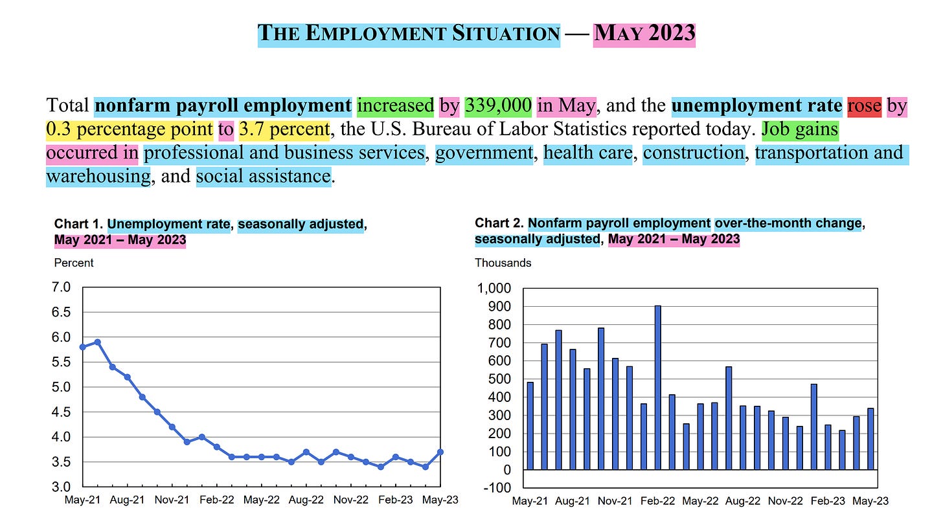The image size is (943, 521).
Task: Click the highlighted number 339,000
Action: pyautogui.click(x=498, y=105)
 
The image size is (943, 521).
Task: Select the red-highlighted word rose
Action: pyautogui.click(x=864, y=105)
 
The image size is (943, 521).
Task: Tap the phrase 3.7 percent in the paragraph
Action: pyautogui.click(x=284, y=129)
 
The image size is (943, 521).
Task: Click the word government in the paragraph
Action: pyautogui.click(x=484, y=153)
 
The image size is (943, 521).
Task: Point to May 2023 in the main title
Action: pyautogui.click(x=644, y=32)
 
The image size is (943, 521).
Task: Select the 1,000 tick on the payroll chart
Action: pyautogui.click(x=494, y=288)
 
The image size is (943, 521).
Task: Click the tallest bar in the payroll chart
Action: pyautogui.click(x=658, y=387)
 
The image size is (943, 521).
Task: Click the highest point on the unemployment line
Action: pyautogui.click(x=97, y=342)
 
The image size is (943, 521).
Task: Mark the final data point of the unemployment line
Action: pyautogui.click(x=440, y=452)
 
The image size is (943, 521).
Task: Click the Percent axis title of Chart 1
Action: pyautogui.click(x=74, y=263)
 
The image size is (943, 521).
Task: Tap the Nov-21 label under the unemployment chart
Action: pyautogui.click(x=172, y=500)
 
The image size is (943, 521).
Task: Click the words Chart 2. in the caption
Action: pyautogui.click(x=499, y=223)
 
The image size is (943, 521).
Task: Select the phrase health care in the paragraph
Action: pyautogui.click(x=587, y=153)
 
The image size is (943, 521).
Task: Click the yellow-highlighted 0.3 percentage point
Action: pyautogui.click(x=130, y=129)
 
